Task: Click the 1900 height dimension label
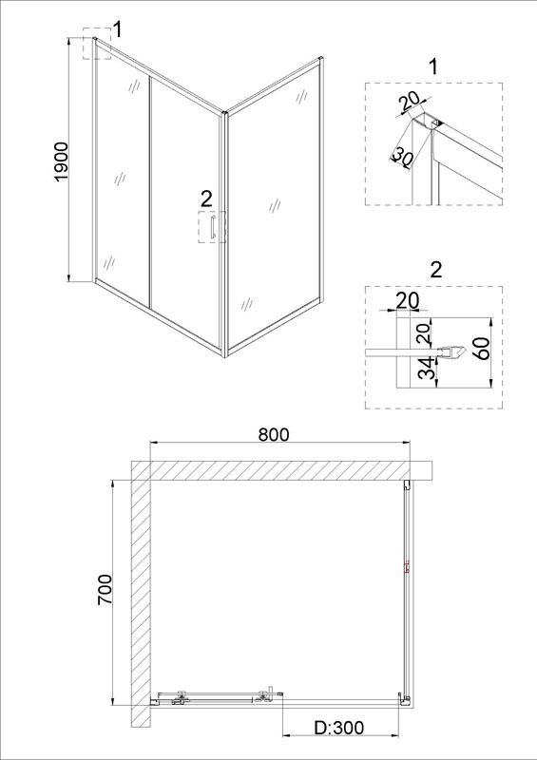pos(62,161)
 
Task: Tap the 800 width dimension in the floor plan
pos(273,435)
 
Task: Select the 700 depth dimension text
pos(105,589)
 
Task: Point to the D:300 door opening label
pos(338,727)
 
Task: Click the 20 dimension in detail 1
pos(410,103)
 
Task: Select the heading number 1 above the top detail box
pos(433,66)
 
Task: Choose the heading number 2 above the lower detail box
pos(436,270)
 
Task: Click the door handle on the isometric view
pos(212,227)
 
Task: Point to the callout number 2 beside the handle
pos(206,199)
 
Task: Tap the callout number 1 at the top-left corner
pos(118,29)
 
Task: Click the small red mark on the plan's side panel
pos(407,566)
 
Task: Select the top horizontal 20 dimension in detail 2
pos(408,300)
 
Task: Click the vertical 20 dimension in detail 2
pos(424,334)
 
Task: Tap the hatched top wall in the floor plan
pos(281,470)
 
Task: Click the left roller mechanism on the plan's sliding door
pos(182,696)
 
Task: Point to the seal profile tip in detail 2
pos(466,352)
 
